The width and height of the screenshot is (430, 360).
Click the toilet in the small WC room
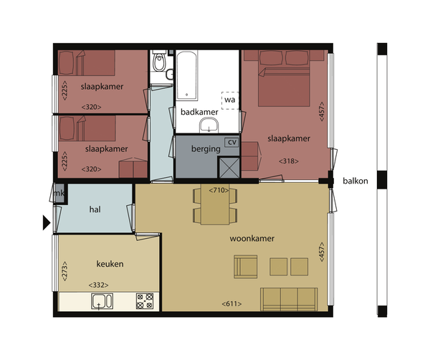coord(159,61)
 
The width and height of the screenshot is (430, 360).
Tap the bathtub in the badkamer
coord(187,75)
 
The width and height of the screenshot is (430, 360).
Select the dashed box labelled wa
coord(230,100)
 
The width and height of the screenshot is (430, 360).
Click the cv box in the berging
coord(231,142)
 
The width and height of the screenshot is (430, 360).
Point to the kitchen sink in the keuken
coord(102,301)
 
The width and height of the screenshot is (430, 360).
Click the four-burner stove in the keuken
coord(145,301)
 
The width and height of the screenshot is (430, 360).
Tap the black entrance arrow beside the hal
coord(47,222)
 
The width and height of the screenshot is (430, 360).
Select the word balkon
coord(355,181)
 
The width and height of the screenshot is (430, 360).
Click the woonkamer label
coord(252,238)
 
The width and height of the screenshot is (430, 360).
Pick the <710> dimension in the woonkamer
coord(219,190)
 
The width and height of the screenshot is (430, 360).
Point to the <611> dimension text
coord(231,304)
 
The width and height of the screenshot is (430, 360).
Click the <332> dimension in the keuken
coord(98,285)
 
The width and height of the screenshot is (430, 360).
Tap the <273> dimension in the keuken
coord(64,271)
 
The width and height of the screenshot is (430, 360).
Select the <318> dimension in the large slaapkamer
coord(289,161)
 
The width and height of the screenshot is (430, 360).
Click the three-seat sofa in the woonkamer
coord(289,299)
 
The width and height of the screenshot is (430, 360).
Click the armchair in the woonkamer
coord(245,267)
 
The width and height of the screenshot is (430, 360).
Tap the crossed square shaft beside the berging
coord(229,167)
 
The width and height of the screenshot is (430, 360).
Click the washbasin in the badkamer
coord(209,125)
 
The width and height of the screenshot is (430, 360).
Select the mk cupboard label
coord(59,193)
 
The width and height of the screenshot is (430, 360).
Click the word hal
coord(95,209)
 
